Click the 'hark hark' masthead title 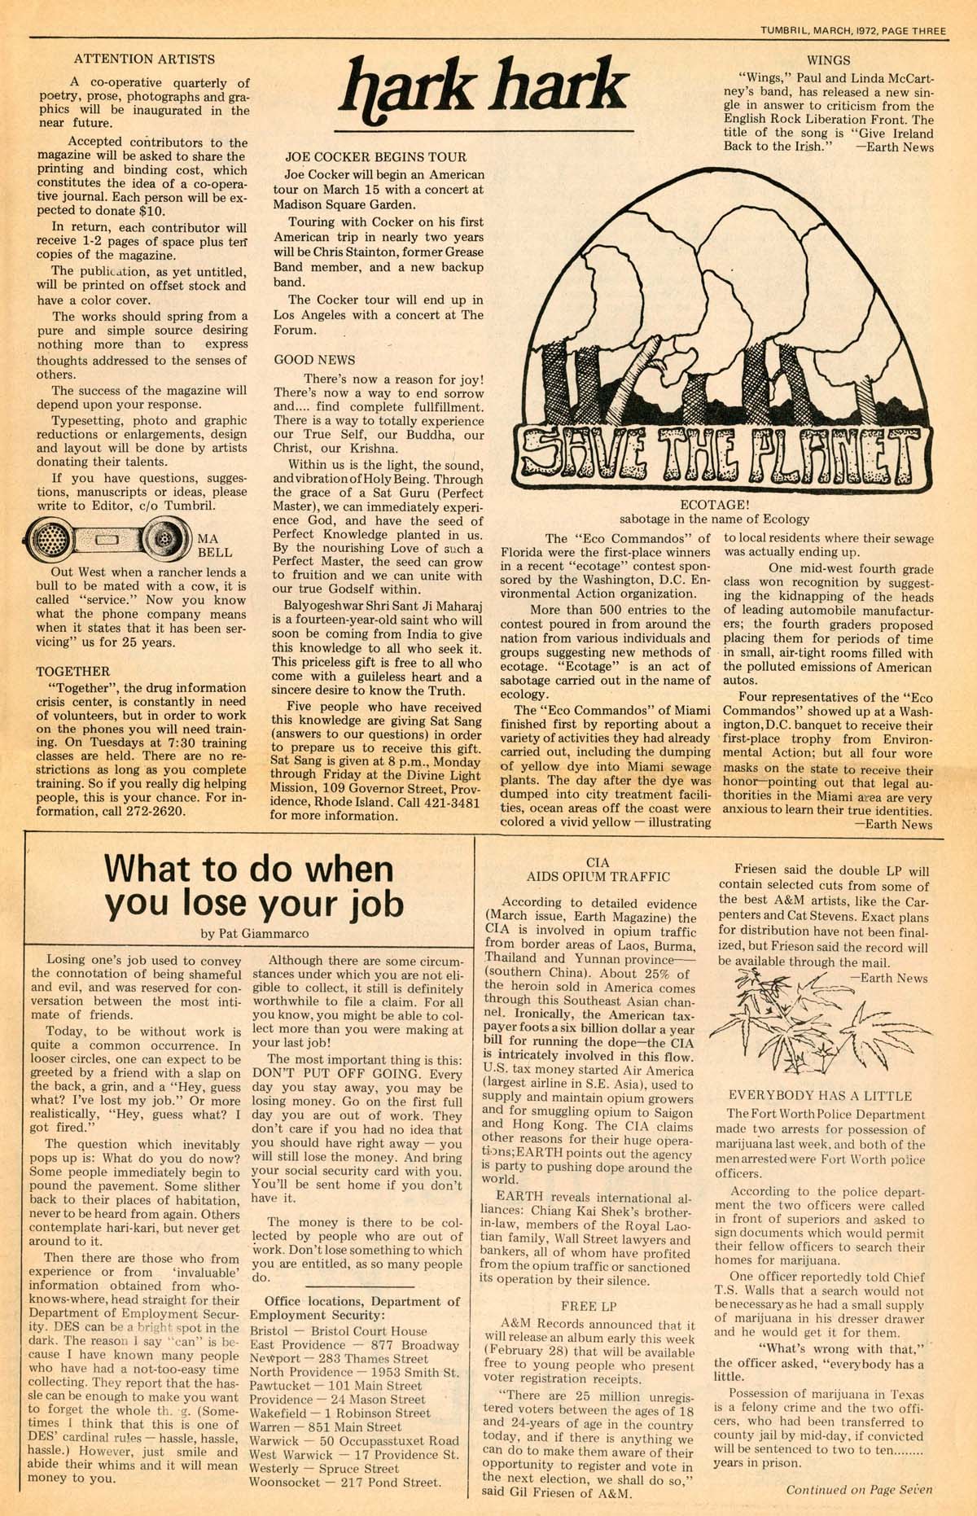[x=485, y=90]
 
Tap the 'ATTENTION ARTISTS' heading [x=144, y=59]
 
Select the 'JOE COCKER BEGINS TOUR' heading [x=375, y=156]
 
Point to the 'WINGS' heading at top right [x=828, y=59]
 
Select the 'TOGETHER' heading [x=73, y=671]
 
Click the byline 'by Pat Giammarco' [x=254, y=933]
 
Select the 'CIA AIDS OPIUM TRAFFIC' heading [x=598, y=870]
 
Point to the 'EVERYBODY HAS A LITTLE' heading [x=820, y=1096]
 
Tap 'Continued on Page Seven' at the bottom [x=859, y=1489]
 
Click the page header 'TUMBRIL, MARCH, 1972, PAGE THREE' [x=853, y=31]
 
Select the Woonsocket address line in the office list [x=344, y=1482]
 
